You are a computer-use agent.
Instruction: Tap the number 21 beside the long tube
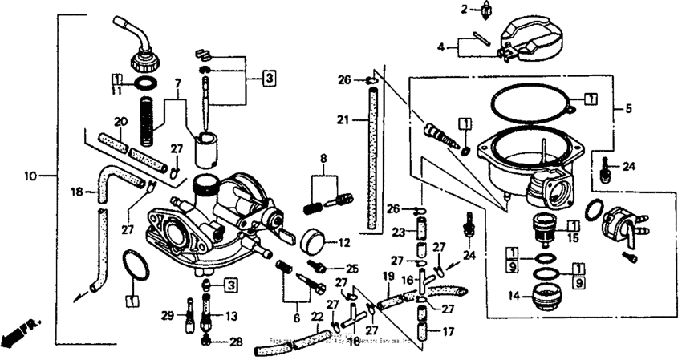(343, 120)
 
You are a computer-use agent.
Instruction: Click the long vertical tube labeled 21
(370, 160)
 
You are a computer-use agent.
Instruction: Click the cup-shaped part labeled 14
(552, 301)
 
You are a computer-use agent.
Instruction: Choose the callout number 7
(177, 83)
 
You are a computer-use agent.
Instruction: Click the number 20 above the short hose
(120, 122)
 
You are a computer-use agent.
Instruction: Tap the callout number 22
(318, 317)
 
